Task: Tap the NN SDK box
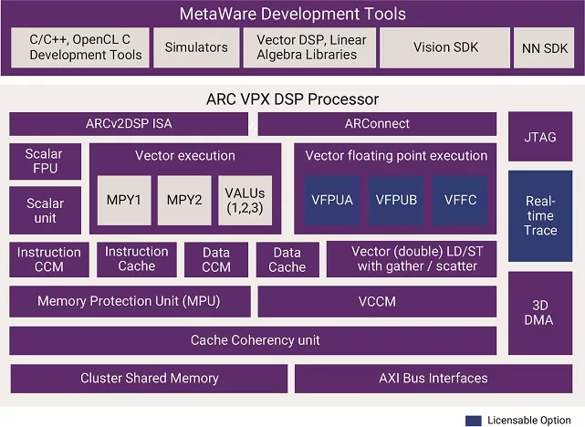pyautogui.click(x=544, y=47)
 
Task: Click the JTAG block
pyautogui.click(x=539, y=136)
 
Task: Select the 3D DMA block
pyautogui.click(x=539, y=313)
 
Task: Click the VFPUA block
pyautogui.click(x=333, y=201)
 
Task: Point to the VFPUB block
pyautogui.click(x=396, y=201)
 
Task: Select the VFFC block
pyautogui.click(x=460, y=201)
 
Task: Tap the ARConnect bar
pyautogui.click(x=377, y=123)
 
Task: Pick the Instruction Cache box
pyautogui.click(x=136, y=259)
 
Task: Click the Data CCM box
pyautogui.click(x=215, y=260)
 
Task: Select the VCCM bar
pyautogui.click(x=377, y=300)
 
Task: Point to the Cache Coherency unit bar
pyautogui.click(x=255, y=340)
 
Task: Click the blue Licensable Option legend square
pyautogui.click(x=474, y=420)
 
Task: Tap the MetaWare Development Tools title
pyautogui.click(x=292, y=14)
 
